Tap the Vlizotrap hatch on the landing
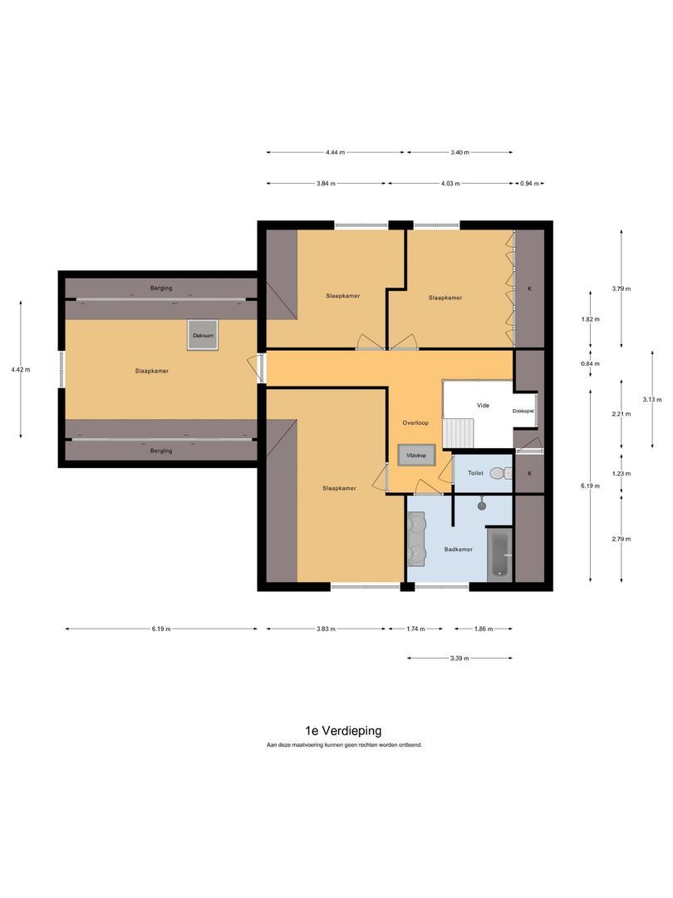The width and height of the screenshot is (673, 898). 413,456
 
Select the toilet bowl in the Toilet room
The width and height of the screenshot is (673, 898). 499,472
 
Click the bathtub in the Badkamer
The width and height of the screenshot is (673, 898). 499,555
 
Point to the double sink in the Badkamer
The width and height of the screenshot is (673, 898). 416,537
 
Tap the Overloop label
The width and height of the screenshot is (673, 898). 416,422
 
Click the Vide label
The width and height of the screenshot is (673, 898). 483,405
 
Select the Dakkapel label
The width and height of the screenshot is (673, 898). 523,411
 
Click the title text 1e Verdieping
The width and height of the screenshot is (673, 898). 343,730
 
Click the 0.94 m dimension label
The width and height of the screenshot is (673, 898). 530,183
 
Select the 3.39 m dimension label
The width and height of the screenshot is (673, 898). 459,658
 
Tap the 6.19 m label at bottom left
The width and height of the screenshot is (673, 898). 161,629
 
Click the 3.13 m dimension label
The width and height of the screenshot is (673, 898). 652,399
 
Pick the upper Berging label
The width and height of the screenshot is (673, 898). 162,288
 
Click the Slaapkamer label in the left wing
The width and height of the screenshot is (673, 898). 152,371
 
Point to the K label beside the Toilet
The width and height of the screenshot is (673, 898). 529,473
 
